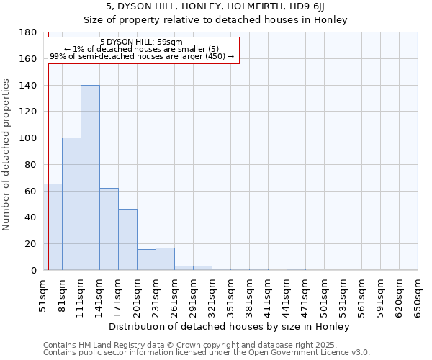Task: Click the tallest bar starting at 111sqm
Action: click(90, 178)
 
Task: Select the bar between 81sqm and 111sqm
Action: click(71, 204)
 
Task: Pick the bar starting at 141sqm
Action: click(109, 229)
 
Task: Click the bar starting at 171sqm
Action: click(127, 240)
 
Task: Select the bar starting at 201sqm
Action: click(146, 260)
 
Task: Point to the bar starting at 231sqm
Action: click(165, 259)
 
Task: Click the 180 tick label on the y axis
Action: click(28, 32)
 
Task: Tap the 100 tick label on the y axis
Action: click(28, 138)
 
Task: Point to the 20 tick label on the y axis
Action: click(31, 244)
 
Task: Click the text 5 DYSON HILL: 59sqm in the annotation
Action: click(141, 42)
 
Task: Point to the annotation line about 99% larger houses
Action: click(142, 56)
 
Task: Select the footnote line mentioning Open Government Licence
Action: click(207, 353)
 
